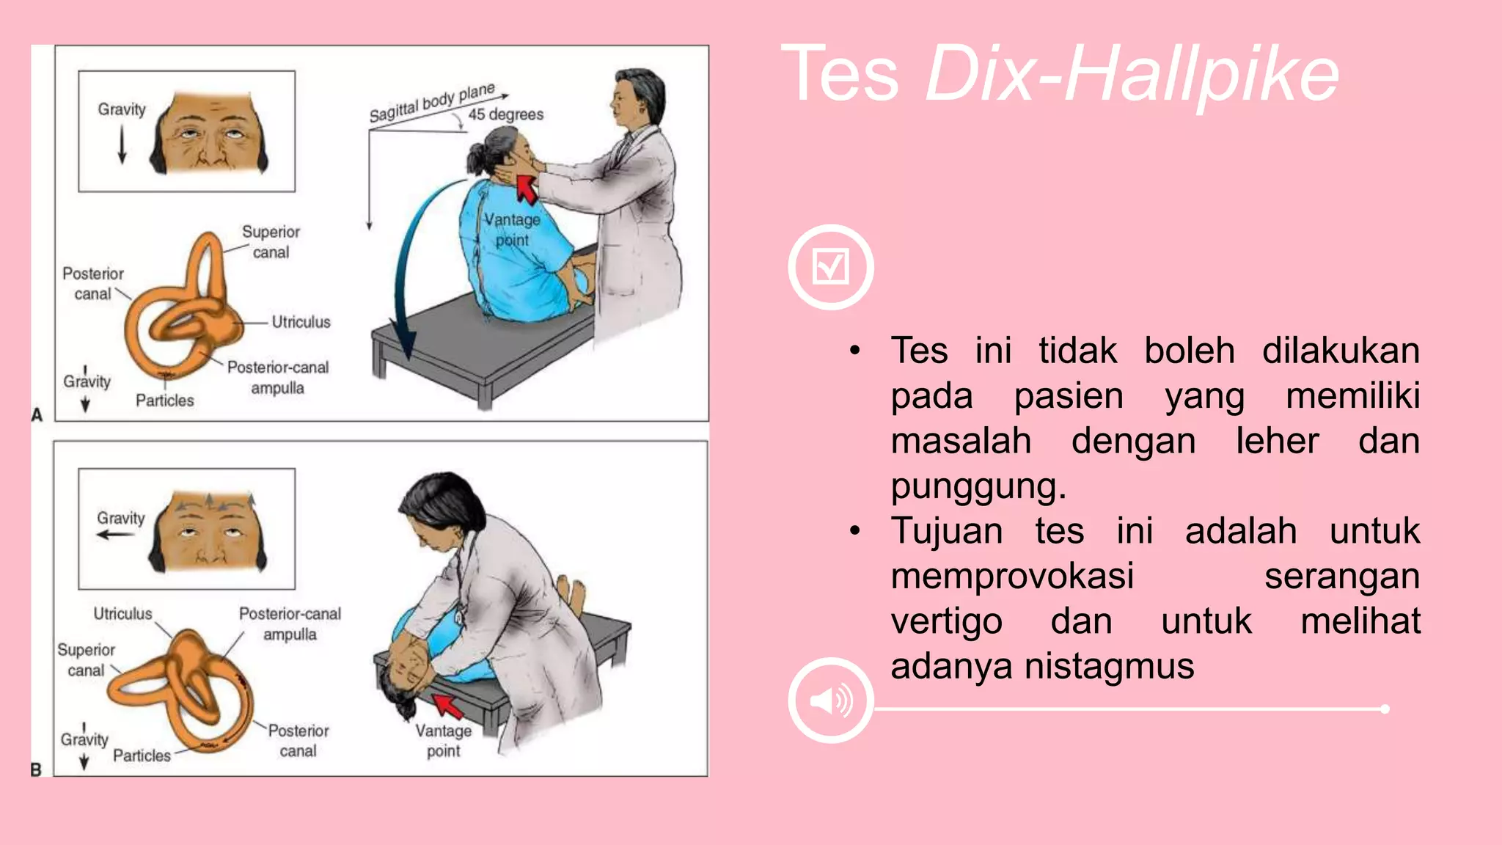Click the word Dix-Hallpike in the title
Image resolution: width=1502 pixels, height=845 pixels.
click(x=1132, y=74)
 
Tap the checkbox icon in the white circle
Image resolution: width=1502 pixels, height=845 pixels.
click(x=831, y=266)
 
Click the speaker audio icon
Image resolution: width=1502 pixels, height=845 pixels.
click(x=831, y=700)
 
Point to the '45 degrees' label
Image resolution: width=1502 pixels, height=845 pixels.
click(x=506, y=114)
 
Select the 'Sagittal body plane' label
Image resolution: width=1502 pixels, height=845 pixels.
click(x=432, y=103)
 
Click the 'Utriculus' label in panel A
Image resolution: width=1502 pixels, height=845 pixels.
click(x=301, y=322)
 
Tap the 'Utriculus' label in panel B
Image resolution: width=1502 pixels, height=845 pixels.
click(x=122, y=613)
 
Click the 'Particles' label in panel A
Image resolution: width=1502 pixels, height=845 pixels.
click(x=165, y=400)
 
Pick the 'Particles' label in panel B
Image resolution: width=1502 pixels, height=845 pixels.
click(x=142, y=756)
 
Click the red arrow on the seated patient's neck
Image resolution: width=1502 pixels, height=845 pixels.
click(x=526, y=189)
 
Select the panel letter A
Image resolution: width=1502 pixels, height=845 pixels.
click(x=37, y=415)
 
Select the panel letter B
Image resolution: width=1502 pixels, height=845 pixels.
click(x=36, y=769)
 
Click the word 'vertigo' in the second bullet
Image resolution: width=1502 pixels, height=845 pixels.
click(x=946, y=621)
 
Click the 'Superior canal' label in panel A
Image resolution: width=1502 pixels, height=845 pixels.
click(x=271, y=242)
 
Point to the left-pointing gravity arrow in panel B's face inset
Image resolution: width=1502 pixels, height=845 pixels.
click(x=116, y=535)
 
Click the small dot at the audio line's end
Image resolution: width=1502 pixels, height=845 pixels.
click(x=1385, y=709)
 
